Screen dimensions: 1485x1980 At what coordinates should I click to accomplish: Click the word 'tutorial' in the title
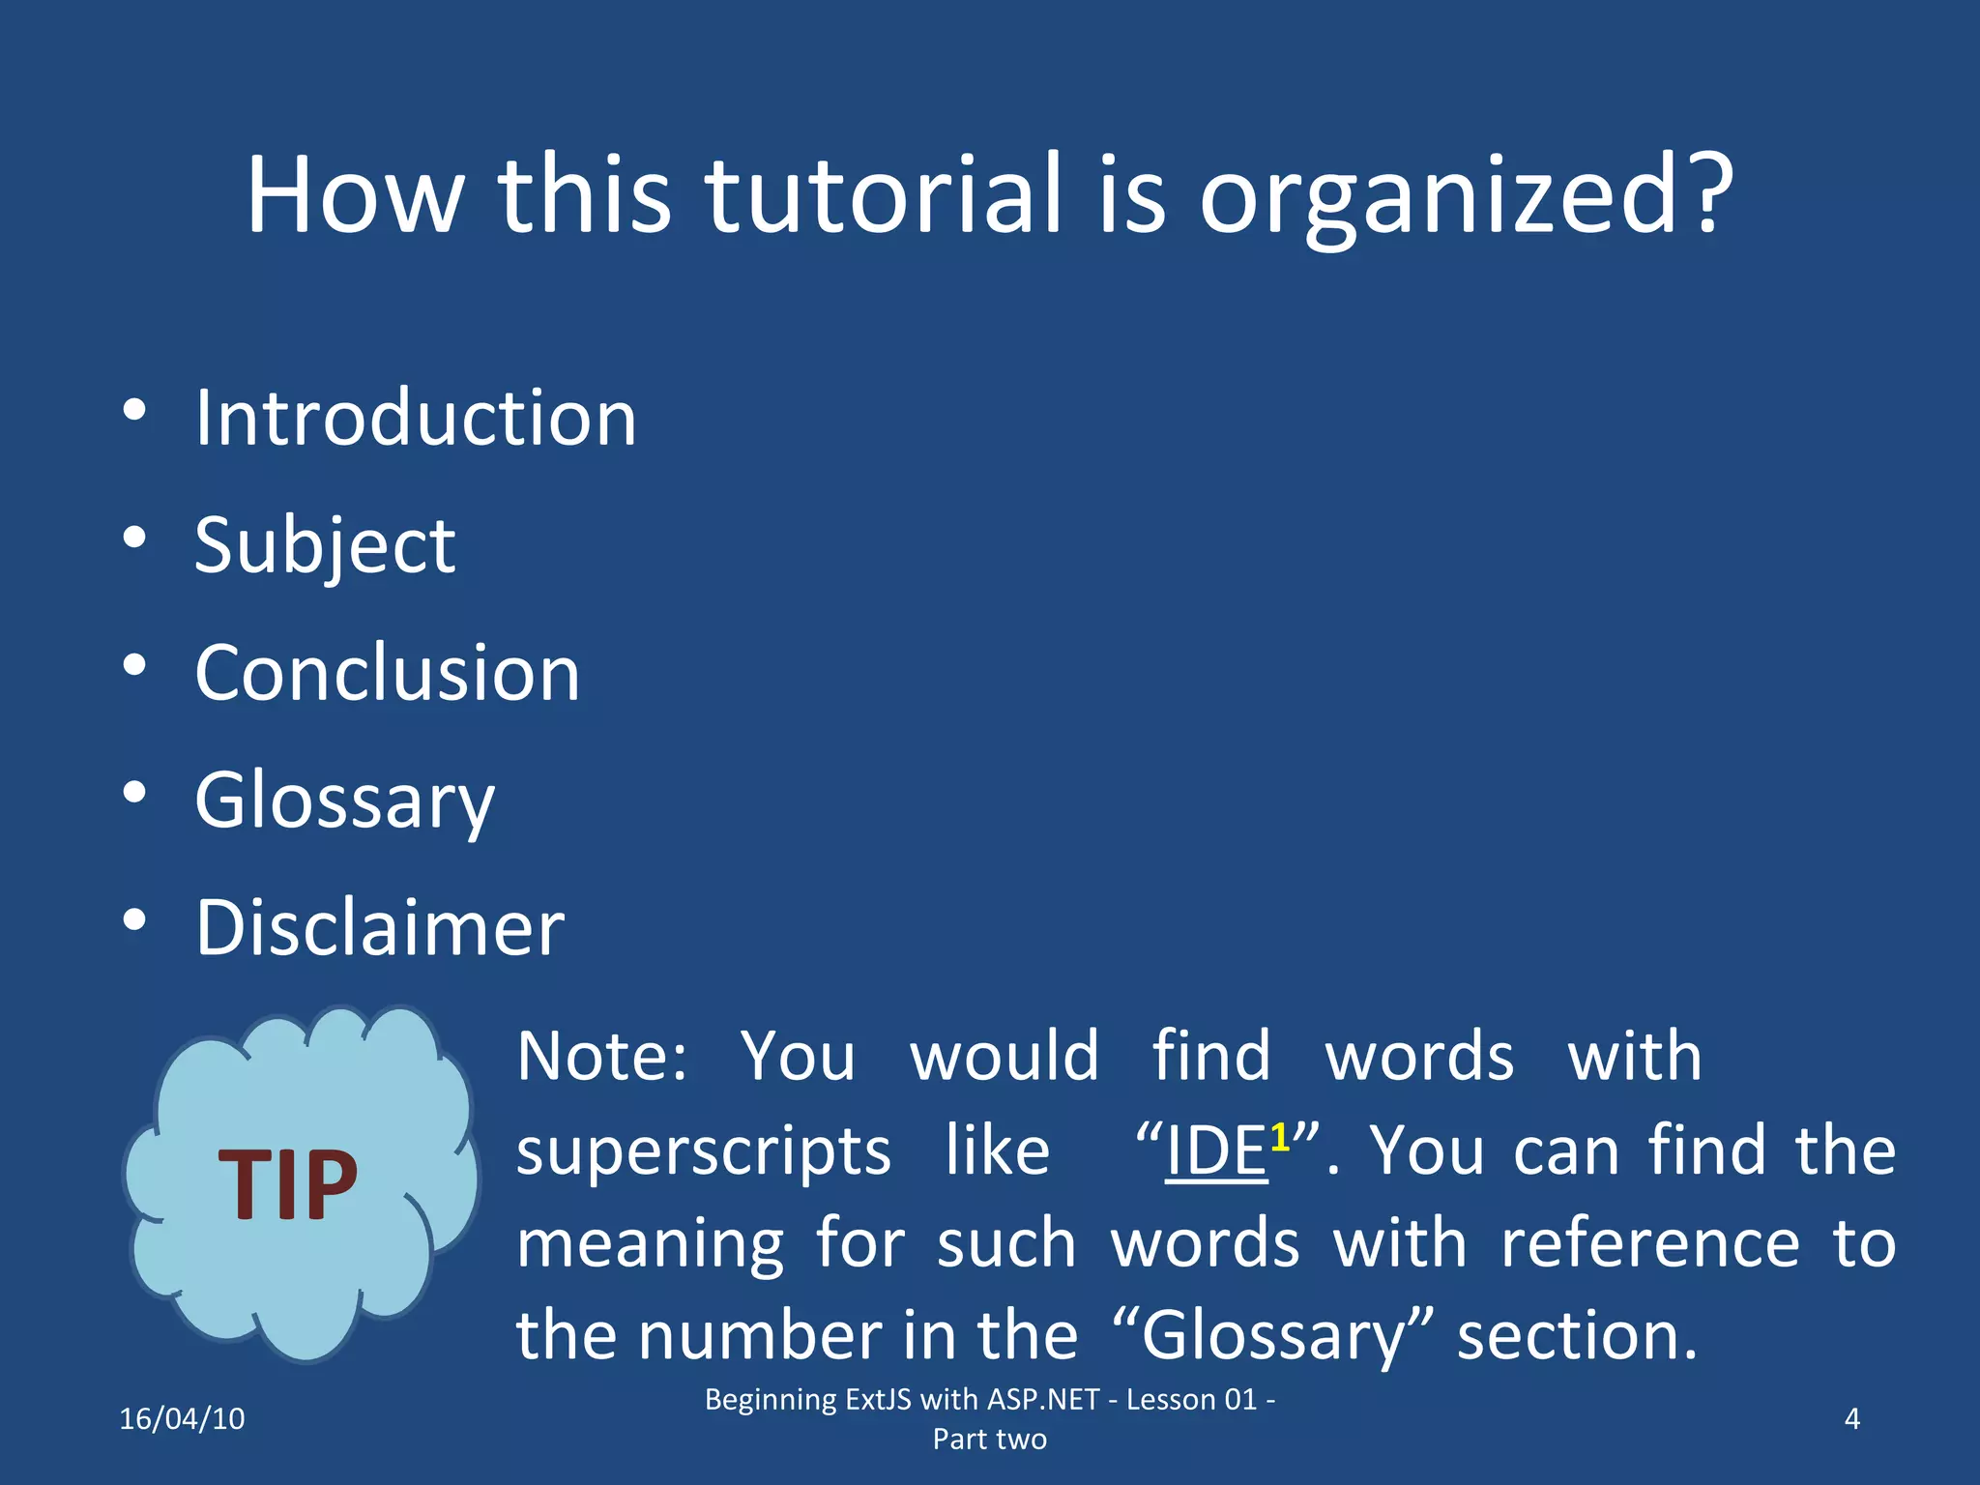click(x=883, y=195)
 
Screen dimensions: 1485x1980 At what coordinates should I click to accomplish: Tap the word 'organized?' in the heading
click(x=1466, y=198)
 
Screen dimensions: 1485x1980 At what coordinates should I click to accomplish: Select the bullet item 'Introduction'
click(x=416, y=418)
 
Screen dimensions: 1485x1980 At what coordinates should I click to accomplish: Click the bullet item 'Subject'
click(x=325, y=546)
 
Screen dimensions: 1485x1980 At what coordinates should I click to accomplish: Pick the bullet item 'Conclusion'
click(x=387, y=673)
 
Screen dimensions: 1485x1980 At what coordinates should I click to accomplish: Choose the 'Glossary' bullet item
click(x=344, y=801)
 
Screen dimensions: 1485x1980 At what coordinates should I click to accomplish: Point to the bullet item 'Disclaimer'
click(x=379, y=928)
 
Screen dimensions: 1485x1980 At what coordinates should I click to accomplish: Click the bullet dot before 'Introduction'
click(x=134, y=410)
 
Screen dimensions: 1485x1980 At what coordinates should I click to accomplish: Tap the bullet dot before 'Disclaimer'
click(x=134, y=920)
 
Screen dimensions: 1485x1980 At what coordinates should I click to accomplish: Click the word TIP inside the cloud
click(x=288, y=1185)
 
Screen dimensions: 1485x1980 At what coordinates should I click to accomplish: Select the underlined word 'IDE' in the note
click(x=1215, y=1151)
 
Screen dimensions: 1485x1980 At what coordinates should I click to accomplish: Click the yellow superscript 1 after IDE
click(x=1280, y=1137)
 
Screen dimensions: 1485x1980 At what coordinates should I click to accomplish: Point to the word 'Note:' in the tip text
click(x=601, y=1056)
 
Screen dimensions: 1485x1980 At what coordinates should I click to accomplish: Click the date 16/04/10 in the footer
click(x=182, y=1419)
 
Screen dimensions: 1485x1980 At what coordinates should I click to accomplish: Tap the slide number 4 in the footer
click(x=1851, y=1419)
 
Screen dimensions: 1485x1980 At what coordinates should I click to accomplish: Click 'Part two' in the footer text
click(x=989, y=1440)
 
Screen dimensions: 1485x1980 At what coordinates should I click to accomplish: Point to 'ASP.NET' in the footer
click(x=1043, y=1400)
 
